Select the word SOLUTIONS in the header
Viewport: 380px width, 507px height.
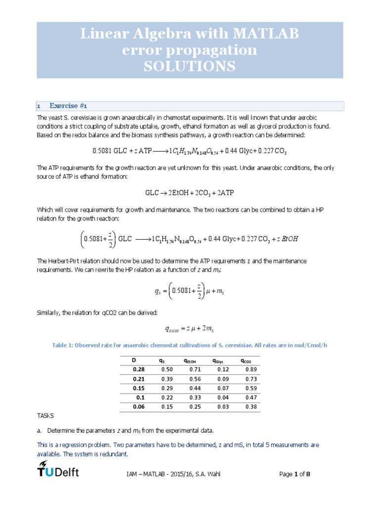tap(190, 66)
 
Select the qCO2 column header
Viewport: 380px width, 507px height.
tap(246, 360)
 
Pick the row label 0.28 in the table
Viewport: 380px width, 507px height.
tap(138, 369)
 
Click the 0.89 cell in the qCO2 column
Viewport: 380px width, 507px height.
tap(251, 369)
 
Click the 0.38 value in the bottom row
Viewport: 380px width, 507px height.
tap(251, 406)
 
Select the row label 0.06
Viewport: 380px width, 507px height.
tap(138, 406)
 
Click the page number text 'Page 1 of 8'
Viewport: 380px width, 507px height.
tap(295, 474)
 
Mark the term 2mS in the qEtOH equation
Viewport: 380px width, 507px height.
tap(212, 329)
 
